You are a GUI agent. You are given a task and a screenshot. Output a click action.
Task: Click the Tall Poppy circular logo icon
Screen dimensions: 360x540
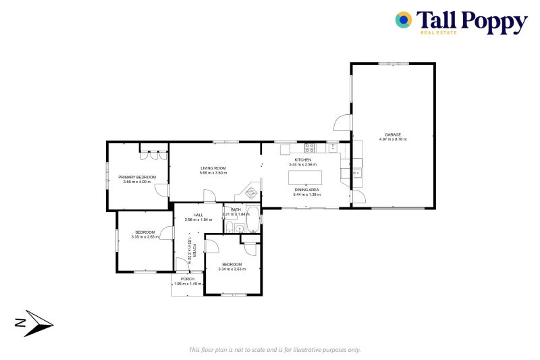[x=404, y=20]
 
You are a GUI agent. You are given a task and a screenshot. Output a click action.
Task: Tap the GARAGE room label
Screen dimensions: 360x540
[x=393, y=134]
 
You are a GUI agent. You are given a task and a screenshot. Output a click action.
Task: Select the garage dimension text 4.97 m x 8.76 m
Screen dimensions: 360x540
[x=393, y=139]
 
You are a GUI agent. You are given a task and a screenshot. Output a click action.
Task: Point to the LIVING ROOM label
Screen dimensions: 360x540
[x=213, y=168]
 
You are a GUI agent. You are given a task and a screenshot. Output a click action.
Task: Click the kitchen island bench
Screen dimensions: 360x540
[x=305, y=178]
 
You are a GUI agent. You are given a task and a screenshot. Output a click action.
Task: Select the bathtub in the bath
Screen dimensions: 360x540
[x=252, y=220]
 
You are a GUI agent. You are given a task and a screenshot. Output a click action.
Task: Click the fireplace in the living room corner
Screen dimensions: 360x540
[x=250, y=192]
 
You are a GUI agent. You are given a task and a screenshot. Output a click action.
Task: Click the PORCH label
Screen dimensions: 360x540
[x=187, y=279]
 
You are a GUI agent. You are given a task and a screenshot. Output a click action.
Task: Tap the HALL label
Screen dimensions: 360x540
[x=198, y=215]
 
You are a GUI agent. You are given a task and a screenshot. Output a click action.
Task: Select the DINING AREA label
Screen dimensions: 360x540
[x=306, y=190]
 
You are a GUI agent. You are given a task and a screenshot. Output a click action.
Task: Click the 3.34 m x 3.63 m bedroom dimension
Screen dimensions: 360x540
[x=232, y=269]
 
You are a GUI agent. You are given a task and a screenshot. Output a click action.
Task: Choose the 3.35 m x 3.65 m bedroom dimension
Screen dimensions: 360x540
[x=145, y=237]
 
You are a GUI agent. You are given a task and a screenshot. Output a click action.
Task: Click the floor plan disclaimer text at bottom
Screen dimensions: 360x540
[x=275, y=350]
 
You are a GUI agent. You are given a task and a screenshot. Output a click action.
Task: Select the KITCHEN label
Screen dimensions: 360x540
[x=302, y=160]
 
